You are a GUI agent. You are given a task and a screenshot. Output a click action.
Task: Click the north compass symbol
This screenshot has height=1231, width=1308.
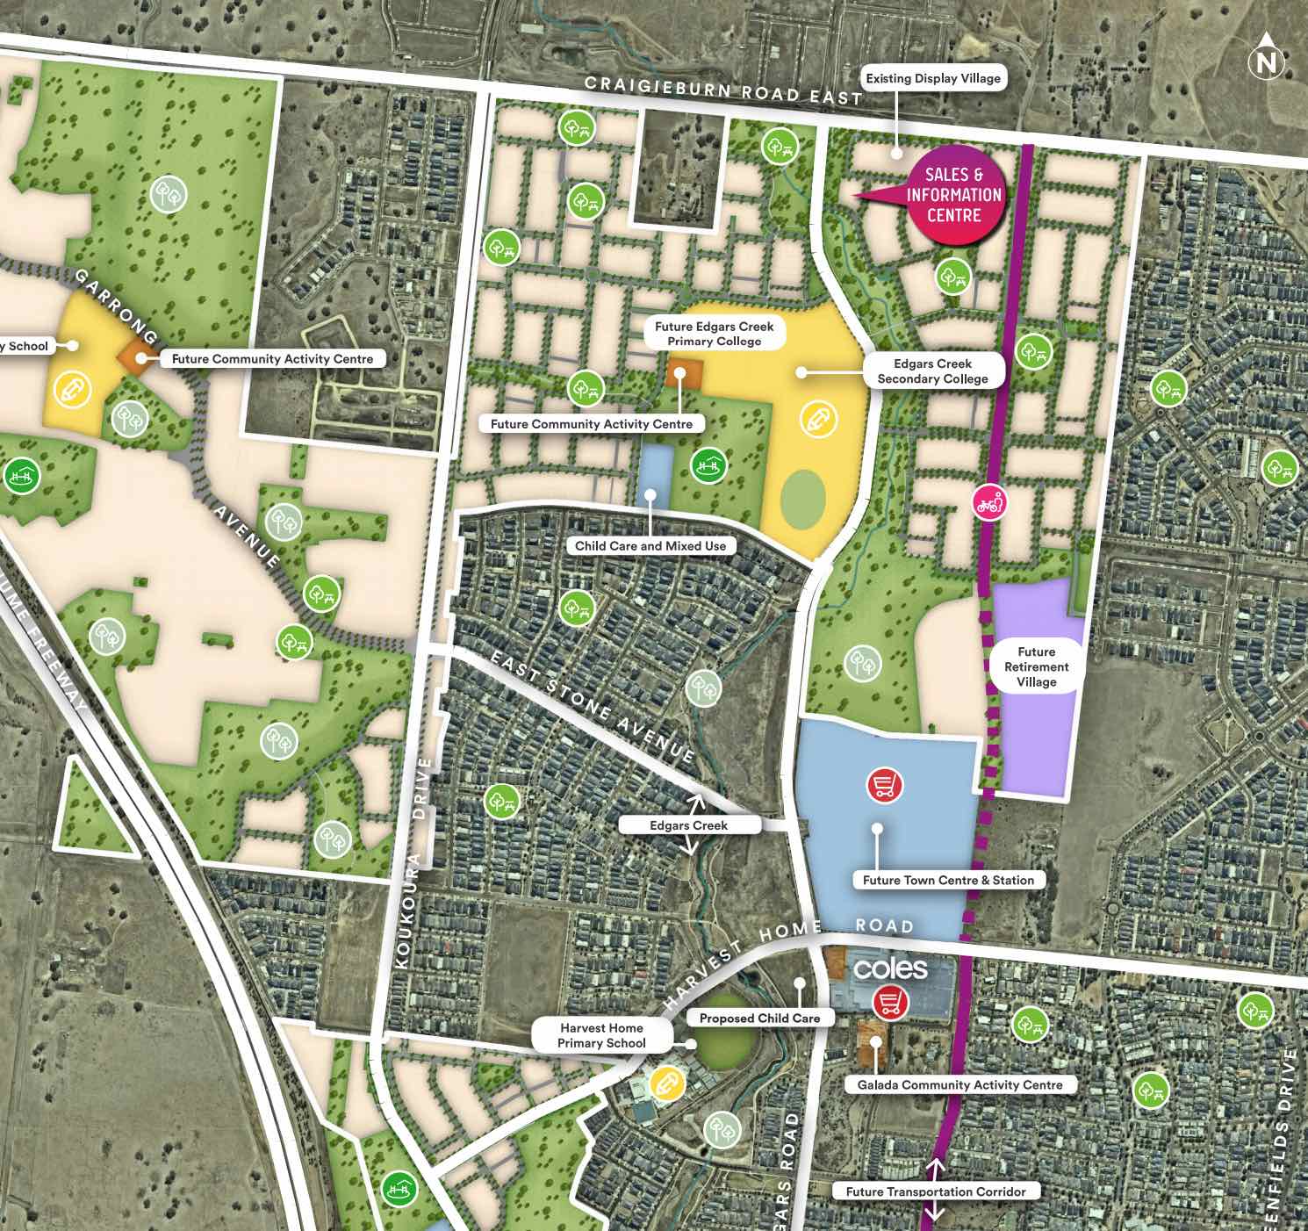(x=1266, y=61)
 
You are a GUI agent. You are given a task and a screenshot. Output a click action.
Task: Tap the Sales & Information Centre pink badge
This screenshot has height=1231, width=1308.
(x=953, y=195)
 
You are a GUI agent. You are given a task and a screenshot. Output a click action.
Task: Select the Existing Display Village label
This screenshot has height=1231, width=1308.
(x=932, y=78)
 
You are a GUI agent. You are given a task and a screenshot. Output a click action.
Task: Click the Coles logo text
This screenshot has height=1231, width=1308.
(x=889, y=968)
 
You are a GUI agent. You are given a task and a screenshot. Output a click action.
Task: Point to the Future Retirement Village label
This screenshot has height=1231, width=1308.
(x=1036, y=666)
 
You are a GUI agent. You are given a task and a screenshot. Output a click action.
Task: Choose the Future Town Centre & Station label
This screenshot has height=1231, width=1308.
(x=948, y=880)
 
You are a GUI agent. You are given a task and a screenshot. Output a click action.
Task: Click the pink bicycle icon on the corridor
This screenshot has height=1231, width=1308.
(x=990, y=504)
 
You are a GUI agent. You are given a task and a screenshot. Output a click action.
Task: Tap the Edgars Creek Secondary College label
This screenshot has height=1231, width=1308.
(x=932, y=371)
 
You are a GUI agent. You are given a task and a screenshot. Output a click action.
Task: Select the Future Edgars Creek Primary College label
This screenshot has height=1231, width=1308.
(x=714, y=334)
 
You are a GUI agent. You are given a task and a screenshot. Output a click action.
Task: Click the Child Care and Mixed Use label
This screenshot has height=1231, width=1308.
(x=650, y=545)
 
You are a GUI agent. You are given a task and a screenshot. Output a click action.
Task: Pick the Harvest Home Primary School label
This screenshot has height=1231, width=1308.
(x=601, y=1035)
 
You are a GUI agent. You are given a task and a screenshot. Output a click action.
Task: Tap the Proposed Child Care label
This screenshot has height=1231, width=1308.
(x=759, y=1018)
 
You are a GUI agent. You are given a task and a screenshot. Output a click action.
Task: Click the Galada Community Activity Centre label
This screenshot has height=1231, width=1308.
(x=959, y=1084)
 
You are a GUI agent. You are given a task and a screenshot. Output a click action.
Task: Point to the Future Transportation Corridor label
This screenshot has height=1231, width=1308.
(x=935, y=1191)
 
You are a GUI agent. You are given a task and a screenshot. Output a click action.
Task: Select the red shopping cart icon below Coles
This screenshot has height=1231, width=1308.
(x=890, y=1002)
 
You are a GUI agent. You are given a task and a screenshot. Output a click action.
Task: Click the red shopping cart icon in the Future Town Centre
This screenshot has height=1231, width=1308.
(x=885, y=784)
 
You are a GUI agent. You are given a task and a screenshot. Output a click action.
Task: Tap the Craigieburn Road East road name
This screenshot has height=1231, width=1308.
(x=723, y=90)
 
